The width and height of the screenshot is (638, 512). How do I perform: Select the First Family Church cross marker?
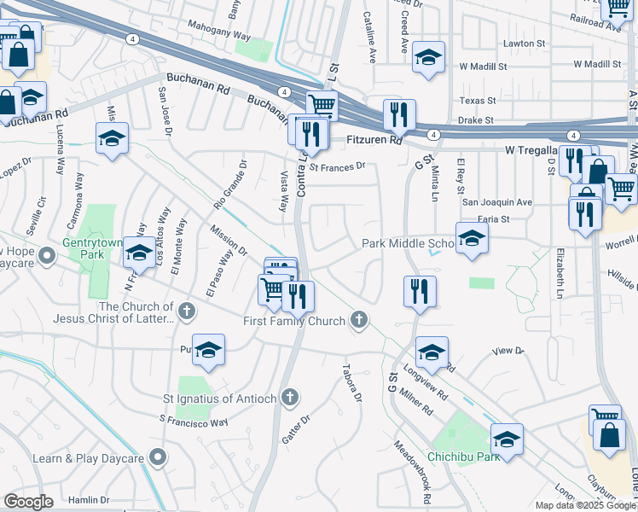coord(360,321)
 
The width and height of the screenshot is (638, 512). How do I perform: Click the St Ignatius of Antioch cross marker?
coord(291,397)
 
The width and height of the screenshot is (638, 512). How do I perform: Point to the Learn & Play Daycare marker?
coord(156,458)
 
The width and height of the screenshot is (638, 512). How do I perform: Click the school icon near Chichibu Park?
coord(507,439)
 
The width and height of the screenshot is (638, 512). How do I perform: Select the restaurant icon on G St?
coord(420,291)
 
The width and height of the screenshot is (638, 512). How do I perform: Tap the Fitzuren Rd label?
coord(374,140)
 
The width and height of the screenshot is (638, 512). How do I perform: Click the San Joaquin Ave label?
coord(496,202)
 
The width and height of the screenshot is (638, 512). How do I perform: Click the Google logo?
coord(28,502)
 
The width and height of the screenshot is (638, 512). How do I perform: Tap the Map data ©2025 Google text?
coord(583,505)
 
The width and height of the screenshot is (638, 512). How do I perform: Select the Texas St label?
coord(477,101)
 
